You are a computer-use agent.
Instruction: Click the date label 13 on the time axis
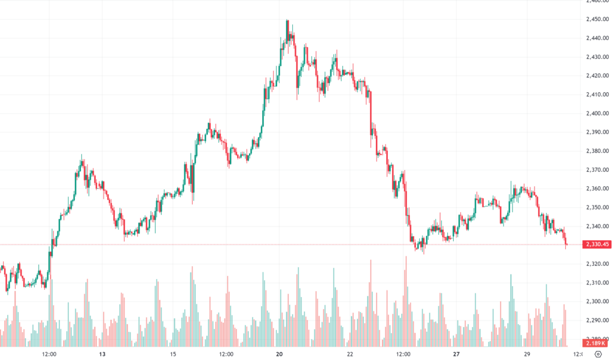[102, 354]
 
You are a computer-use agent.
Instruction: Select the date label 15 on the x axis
[172, 354]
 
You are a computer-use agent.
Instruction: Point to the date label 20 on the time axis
[280, 354]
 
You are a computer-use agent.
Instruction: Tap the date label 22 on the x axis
[350, 354]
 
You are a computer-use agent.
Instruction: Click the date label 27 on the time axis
[457, 354]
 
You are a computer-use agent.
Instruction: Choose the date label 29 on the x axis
[527, 354]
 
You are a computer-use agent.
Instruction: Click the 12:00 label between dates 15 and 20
[226, 354]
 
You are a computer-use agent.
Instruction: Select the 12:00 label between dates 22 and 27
[403, 354]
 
